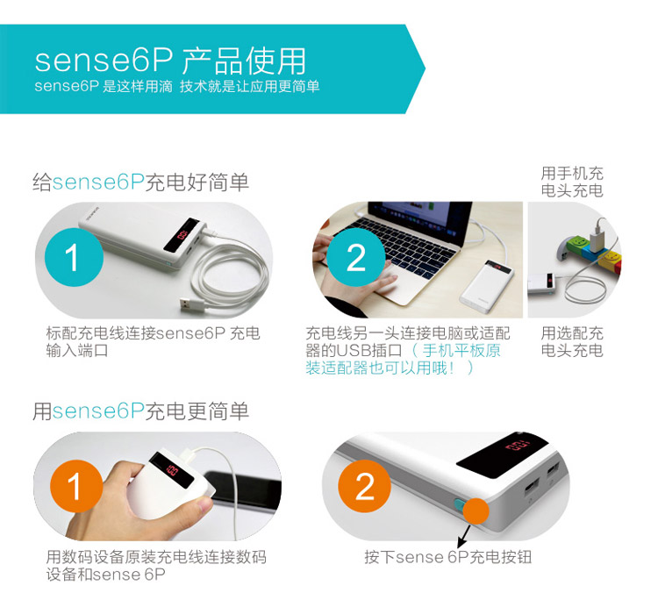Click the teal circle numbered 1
coord(74,257)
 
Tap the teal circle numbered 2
coord(356,257)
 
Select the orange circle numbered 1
coord(76,486)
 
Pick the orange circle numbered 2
coord(365,486)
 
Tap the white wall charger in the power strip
coord(597,239)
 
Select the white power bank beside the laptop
coord(488,286)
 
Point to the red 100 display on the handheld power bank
coord(172,469)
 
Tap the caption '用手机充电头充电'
coord(572,182)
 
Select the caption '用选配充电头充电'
coord(572,341)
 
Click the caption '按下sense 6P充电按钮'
coord(448,557)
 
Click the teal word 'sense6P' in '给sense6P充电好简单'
coord(98,182)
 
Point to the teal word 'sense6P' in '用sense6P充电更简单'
coord(98,411)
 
